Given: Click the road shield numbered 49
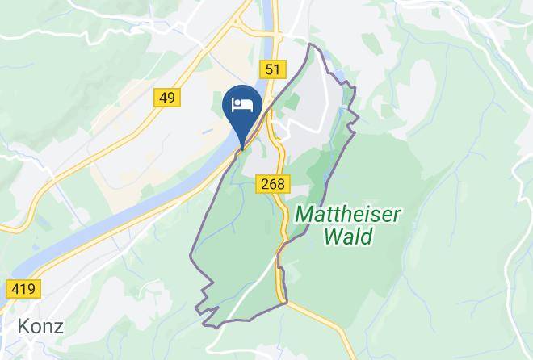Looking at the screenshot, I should [167, 98].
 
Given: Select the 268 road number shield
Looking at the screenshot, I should [273, 184].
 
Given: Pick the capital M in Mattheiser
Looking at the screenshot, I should [305, 215].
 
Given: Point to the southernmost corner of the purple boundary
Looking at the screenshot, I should [208, 326].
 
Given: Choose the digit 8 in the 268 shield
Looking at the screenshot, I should [280, 184].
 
